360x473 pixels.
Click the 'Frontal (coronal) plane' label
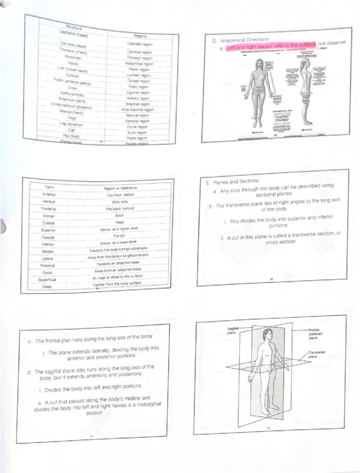click(314, 334)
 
